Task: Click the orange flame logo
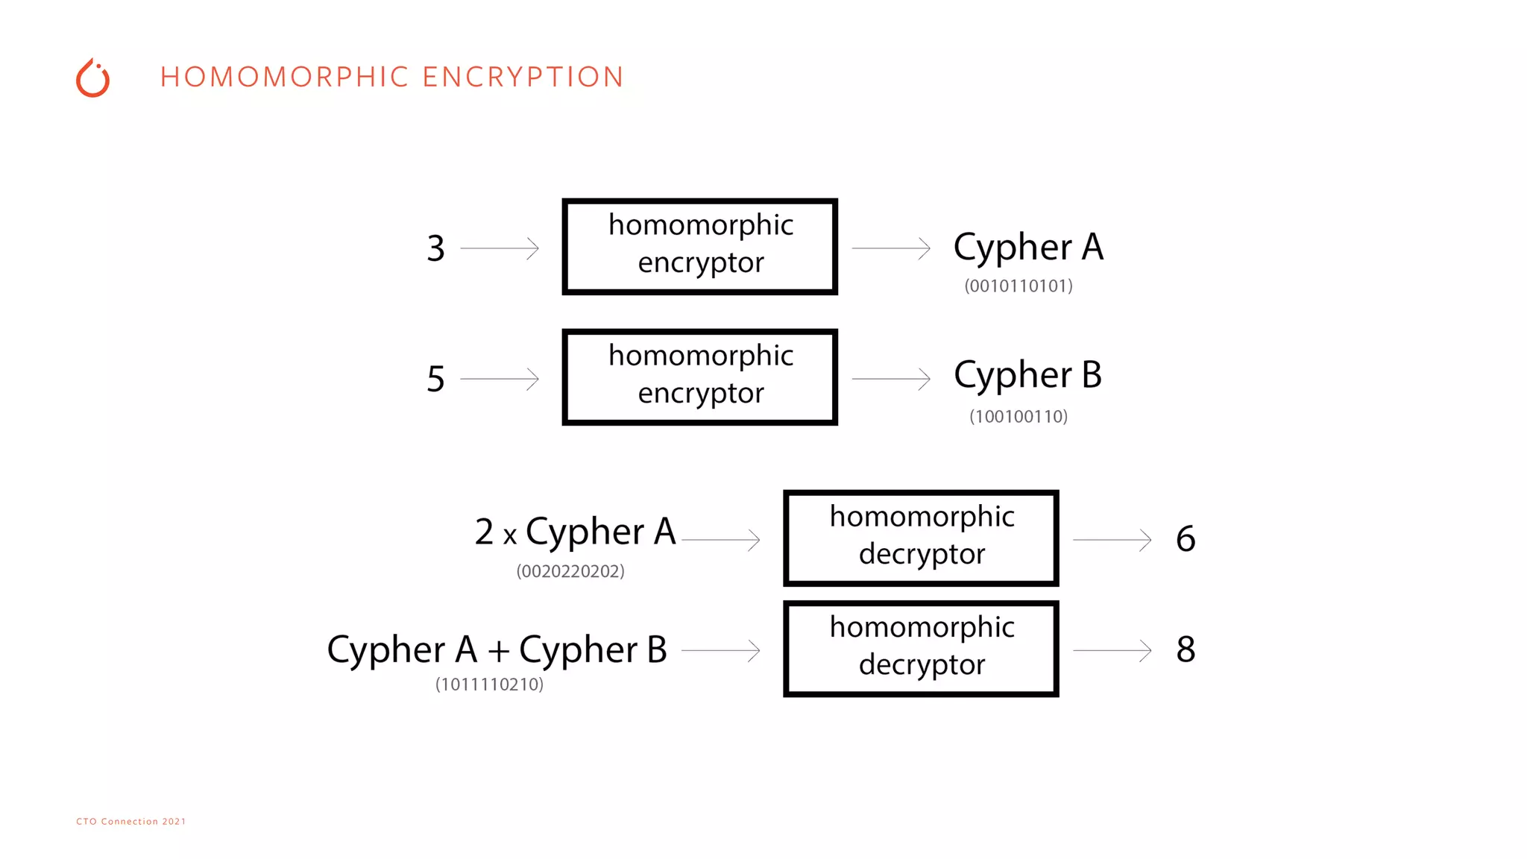[x=93, y=78]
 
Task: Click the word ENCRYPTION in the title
[x=523, y=77]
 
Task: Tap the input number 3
[x=435, y=248]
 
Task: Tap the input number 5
[x=435, y=379]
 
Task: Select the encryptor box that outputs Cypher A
[x=699, y=246]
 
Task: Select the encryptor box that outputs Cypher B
[x=699, y=377]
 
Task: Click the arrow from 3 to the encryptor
[x=499, y=248]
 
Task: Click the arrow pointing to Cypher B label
[x=891, y=379]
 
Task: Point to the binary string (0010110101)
[x=1018, y=286]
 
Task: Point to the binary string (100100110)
[x=1018, y=416]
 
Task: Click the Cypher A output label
[x=1028, y=248]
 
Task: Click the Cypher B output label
[x=1027, y=375]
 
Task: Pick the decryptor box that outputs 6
[x=921, y=538]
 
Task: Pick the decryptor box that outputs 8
[x=921, y=648]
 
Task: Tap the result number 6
[x=1186, y=538]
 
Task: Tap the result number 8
[x=1186, y=649]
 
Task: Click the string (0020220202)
[x=570, y=571]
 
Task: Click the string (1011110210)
[x=489, y=685]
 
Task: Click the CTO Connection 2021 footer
[x=131, y=821]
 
